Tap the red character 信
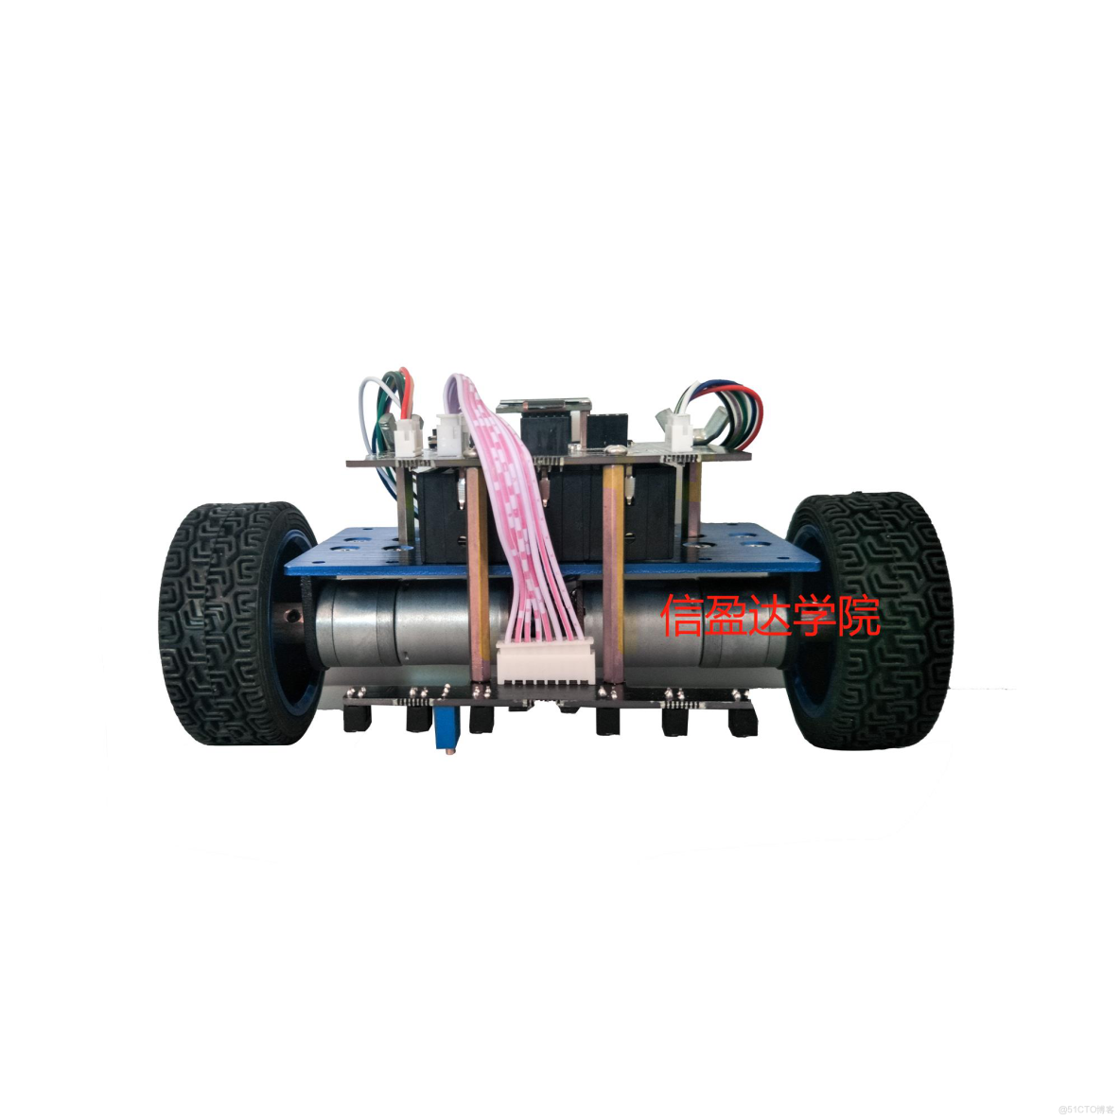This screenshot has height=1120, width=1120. pyautogui.click(x=683, y=615)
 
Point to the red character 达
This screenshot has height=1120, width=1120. pyautogui.click(x=770, y=615)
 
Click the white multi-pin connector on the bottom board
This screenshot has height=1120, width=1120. pyautogui.click(x=546, y=662)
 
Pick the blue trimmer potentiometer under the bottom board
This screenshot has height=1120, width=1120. pyautogui.click(x=445, y=730)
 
